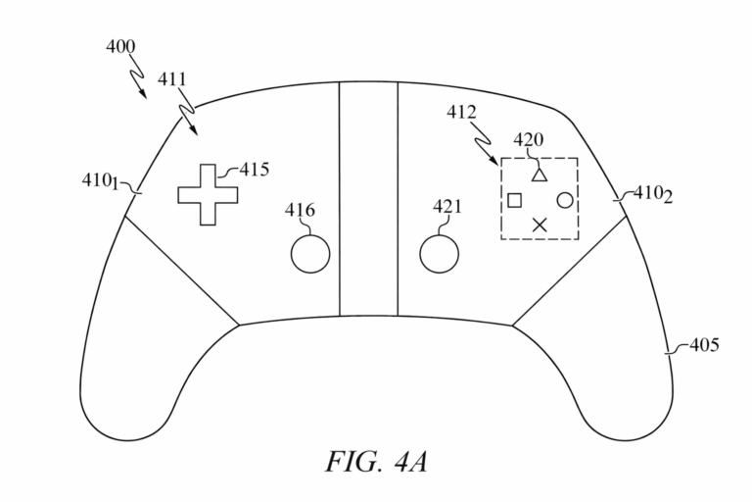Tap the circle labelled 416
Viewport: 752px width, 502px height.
pyautogui.click(x=310, y=254)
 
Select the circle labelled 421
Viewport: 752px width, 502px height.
pyautogui.click(x=439, y=253)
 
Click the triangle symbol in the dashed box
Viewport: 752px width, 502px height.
pyautogui.click(x=538, y=175)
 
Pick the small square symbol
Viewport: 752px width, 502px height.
pyautogui.click(x=514, y=200)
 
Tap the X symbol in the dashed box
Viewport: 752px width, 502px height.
pyautogui.click(x=539, y=225)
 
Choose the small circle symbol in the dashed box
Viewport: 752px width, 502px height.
pyautogui.click(x=564, y=200)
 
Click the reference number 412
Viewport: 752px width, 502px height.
pyautogui.click(x=460, y=113)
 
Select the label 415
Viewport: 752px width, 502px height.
pyautogui.click(x=254, y=170)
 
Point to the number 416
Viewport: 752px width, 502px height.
pyautogui.click(x=300, y=210)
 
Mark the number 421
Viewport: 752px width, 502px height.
pyautogui.click(x=446, y=207)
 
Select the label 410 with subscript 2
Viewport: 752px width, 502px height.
pyautogui.click(x=653, y=195)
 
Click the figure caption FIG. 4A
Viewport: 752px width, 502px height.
pyautogui.click(x=376, y=458)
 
